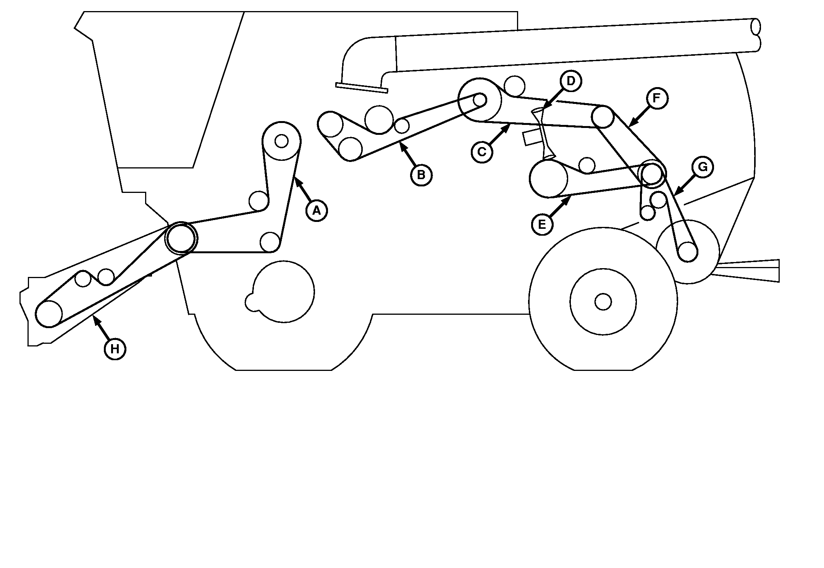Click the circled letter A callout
pyautogui.click(x=317, y=210)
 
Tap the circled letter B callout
pyautogui.click(x=421, y=175)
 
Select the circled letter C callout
pyautogui.click(x=482, y=152)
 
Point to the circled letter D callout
pyautogui.click(x=571, y=81)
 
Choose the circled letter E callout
pyautogui.click(x=542, y=225)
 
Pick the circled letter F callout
pyautogui.click(x=657, y=99)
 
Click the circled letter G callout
pyautogui.click(x=703, y=167)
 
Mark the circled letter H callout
pyautogui.click(x=115, y=349)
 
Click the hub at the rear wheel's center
pyautogui.click(x=603, y=302)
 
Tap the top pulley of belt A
pyautogui.click(x=281, y=141)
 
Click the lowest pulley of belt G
pyautogui.click(x=688, y=252)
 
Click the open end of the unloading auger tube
pyautogui.click(x=756, y=27)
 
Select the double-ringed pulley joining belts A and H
pyautogui.click(x=181, y=238)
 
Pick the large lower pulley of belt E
pyautogui.click(x=548, y=179)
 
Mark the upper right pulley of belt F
pyautogui.click(x=603, y=117)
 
